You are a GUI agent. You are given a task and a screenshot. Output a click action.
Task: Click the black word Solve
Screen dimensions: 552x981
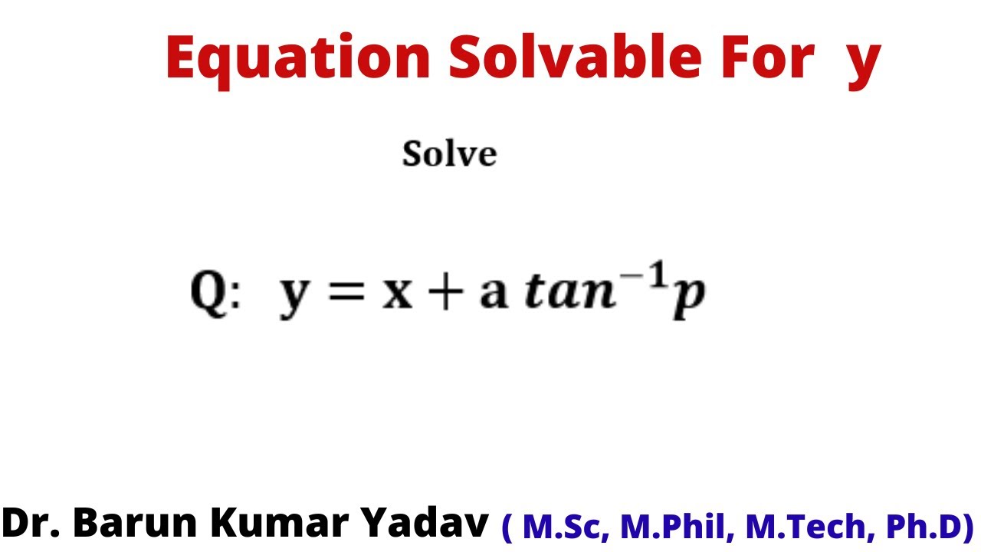(x=450, y=154)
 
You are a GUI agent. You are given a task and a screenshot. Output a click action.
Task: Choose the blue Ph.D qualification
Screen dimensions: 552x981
(x=930, y=527)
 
